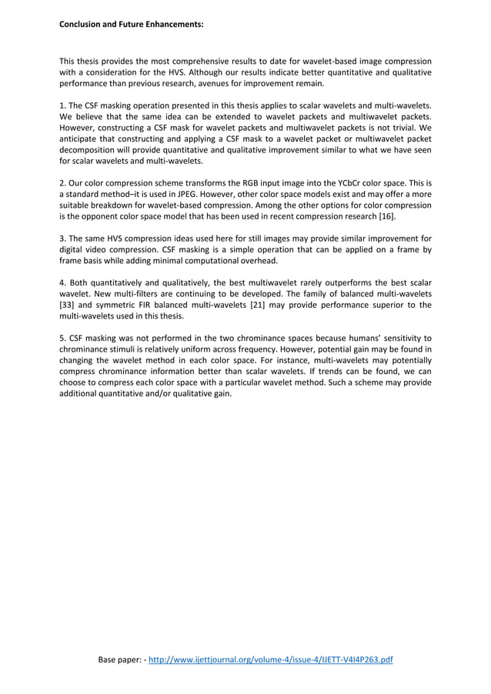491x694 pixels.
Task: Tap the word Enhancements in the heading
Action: [x=172, y=24]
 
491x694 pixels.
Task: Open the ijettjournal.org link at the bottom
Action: [x=270, y=659]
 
